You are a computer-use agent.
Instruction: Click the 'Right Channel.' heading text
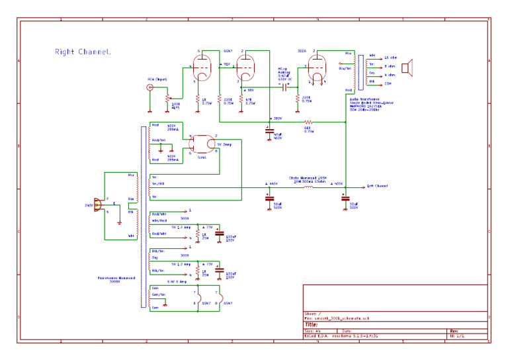(x=83, y=52)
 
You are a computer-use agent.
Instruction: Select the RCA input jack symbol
(x=151, y=87)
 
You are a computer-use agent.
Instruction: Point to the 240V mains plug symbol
(x=99, y=206)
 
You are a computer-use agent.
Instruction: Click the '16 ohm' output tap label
(x=390, y=57)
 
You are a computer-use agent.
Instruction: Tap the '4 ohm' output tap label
(x=389, y=75)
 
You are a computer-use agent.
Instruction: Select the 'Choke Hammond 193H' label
(x=308, y=177)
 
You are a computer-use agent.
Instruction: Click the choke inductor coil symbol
(x=308, y=187)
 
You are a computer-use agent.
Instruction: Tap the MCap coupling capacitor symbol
(x=285, y=86)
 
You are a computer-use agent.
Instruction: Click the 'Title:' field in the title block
(x=311, y=325)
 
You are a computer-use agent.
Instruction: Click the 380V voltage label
(x=277, y=119)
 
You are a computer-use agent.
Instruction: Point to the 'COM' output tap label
(x=388, y=84)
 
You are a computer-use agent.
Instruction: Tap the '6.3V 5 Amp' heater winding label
(x=176, y=281)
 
